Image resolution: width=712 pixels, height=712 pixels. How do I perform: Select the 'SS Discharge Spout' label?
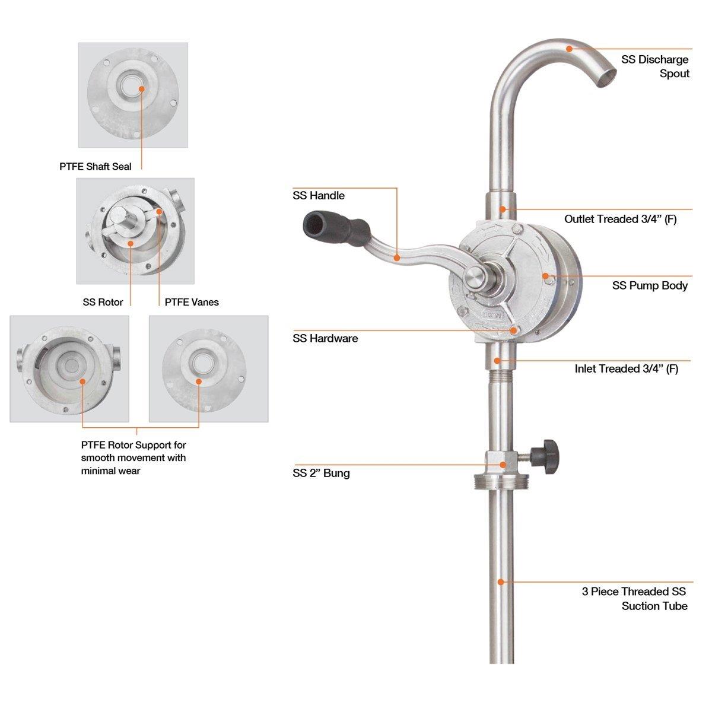point(655,66)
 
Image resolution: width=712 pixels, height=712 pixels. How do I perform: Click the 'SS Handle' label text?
point(319,195)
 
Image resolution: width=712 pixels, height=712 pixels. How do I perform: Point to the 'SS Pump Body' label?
point(650,285)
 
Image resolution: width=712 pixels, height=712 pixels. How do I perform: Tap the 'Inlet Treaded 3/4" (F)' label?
point(626,368)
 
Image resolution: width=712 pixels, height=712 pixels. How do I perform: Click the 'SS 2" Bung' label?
point(321,473)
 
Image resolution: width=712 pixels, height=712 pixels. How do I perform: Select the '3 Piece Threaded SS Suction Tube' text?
point(634,598)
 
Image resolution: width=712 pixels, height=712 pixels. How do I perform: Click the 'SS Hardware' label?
point(325,338)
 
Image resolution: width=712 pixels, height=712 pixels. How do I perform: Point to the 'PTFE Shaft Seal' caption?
point(96,167)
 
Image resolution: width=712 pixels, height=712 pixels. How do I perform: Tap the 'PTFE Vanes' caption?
point(192,302)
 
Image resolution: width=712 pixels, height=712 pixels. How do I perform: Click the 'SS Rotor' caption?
point(103,302)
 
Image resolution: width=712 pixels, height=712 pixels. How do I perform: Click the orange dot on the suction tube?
point(501,582)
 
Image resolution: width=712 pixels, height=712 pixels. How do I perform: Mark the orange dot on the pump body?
point(544,275)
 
